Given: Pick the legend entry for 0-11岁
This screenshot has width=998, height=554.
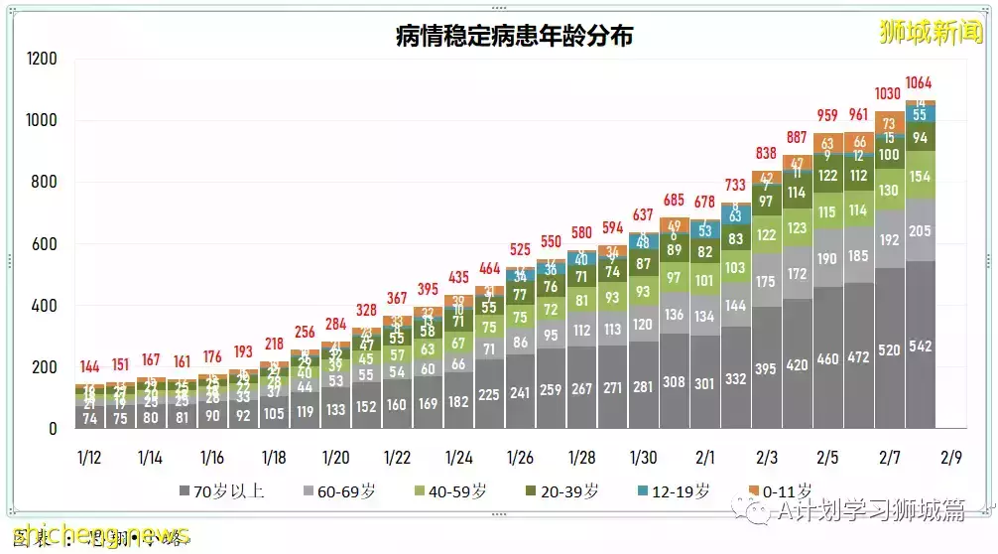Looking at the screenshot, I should point(780,490).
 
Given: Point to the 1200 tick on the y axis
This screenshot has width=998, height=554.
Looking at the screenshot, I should point(42,60).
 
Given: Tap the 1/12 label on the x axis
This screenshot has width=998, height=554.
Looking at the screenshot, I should point(89,458).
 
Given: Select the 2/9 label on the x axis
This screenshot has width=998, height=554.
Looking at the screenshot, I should point(950,458).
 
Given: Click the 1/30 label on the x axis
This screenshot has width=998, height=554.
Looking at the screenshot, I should point(643,458).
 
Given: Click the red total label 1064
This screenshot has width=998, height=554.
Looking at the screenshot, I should point(920,82).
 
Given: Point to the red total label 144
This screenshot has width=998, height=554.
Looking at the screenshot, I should point(89,366).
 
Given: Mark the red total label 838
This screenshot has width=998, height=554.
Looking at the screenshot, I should point(766,153).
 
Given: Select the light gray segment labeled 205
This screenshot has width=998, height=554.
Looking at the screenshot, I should point(920,230).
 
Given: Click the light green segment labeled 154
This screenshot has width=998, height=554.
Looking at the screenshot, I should point(920,176).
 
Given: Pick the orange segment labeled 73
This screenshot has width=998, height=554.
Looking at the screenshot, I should point(889,124).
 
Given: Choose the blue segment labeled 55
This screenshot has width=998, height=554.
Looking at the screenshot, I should point(920,115).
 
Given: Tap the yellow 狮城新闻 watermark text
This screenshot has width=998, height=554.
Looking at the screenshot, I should point(930,32).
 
